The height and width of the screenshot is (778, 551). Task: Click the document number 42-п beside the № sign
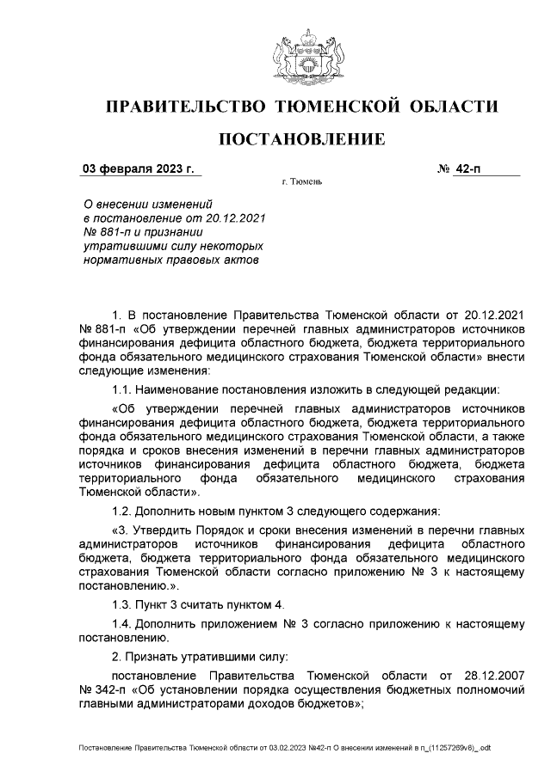tap(470, 168)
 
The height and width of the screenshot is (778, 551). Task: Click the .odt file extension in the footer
tap(482, 748)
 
